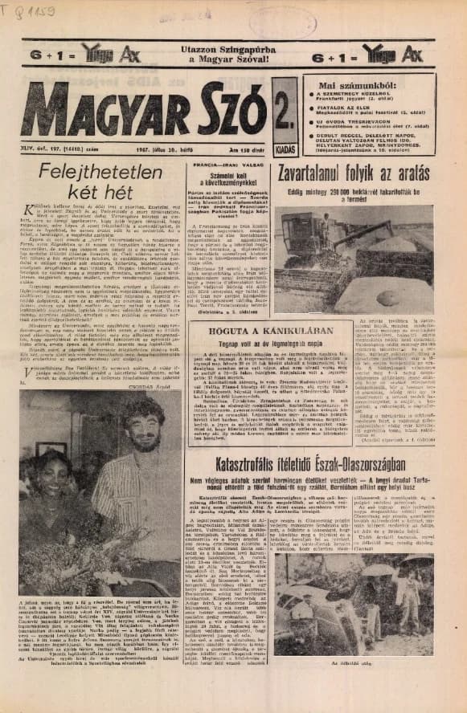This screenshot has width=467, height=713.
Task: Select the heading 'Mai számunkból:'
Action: pyautogui.click(x=368, y=85)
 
